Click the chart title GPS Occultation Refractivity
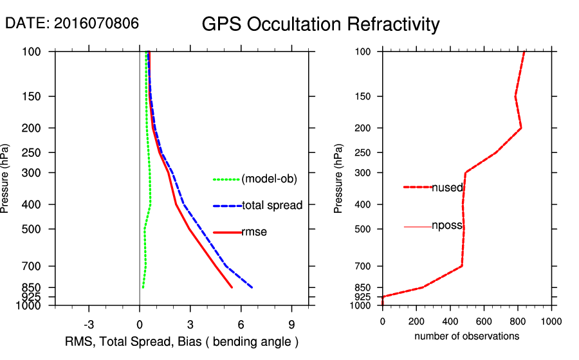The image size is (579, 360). tap(320, 24)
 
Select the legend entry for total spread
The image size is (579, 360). tap(272, 206)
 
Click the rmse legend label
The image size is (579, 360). tap(254, 232)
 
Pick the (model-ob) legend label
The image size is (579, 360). tap(269, 179)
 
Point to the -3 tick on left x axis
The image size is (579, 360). tap(89, 324)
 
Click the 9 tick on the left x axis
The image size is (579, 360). tap(291, 324)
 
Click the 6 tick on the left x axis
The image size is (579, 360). tap(241, 324)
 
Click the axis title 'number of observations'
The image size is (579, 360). tap(466, 336)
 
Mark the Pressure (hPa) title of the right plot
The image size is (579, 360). tap(339, 179)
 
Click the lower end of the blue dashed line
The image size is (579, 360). tap(252, 287)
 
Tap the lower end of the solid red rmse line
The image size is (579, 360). tap(232, 287)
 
